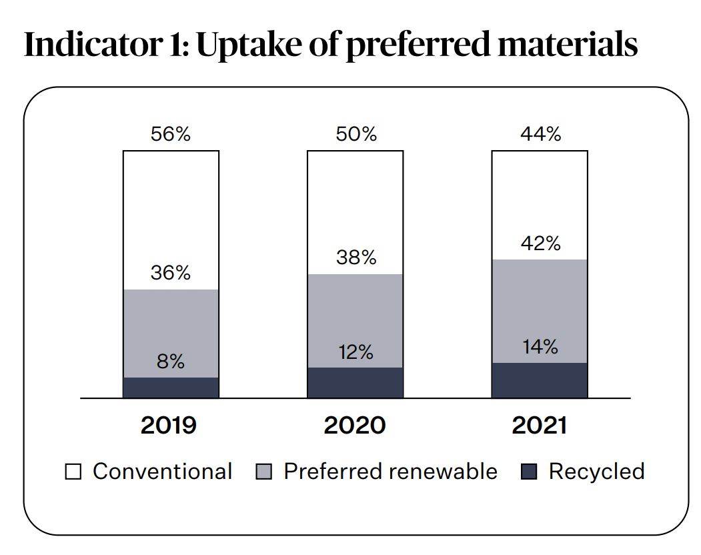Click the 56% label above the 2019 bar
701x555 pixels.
(171, 134)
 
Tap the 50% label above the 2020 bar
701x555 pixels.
(356, 134)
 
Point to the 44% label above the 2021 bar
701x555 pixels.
(540, 134)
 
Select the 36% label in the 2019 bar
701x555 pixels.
(171, 273)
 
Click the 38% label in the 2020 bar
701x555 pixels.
(356, 257)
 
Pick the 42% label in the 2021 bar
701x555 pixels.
(540, 243)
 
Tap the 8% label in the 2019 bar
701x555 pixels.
(171, 362)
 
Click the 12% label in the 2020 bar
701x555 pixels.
(356, 352)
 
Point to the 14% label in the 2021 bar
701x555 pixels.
(540, 347)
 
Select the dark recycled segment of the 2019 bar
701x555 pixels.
(171, 388)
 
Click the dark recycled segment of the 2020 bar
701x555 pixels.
(356, 383)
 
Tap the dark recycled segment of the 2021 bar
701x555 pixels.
(540, 380)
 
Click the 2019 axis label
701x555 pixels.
(168, 426)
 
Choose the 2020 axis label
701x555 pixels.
(354, 426)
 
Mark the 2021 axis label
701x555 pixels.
(539, 426)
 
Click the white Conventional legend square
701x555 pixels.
(73, 472)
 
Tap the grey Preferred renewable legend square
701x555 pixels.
(263, 472)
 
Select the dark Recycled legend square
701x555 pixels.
(528, 472)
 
